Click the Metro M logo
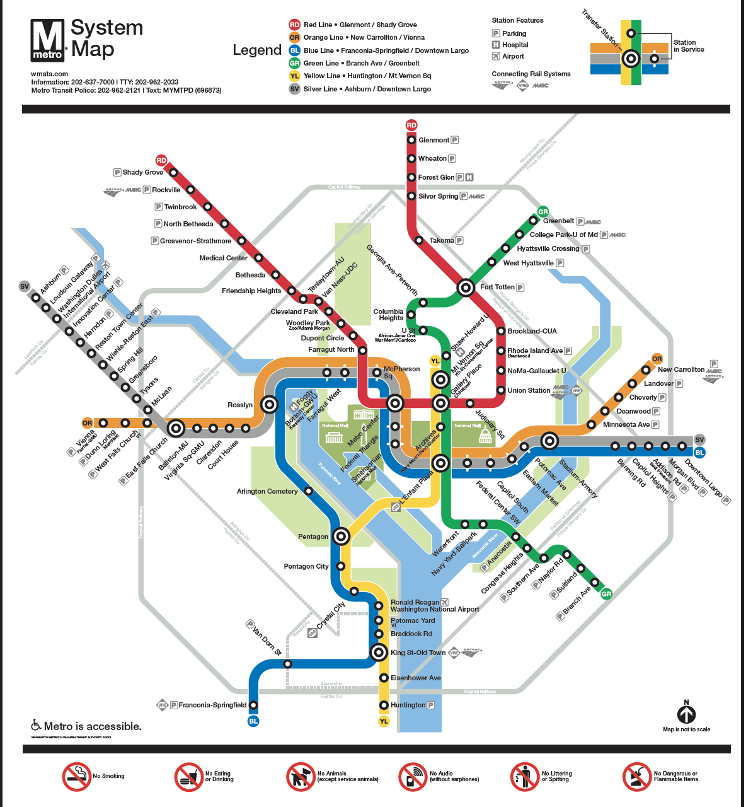48,40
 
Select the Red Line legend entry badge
294,25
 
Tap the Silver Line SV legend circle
294,89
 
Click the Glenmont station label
433,140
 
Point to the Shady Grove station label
142,172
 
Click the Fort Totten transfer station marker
466,287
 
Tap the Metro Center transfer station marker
395,403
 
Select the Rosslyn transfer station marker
270,405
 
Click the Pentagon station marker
341,537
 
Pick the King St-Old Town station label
418,653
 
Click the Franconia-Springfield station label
212,705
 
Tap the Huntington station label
408,705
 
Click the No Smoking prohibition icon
77,777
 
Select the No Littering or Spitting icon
525,777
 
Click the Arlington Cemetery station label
267,491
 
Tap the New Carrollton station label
681,369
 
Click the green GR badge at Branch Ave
606,594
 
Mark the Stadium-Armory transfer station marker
549,441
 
